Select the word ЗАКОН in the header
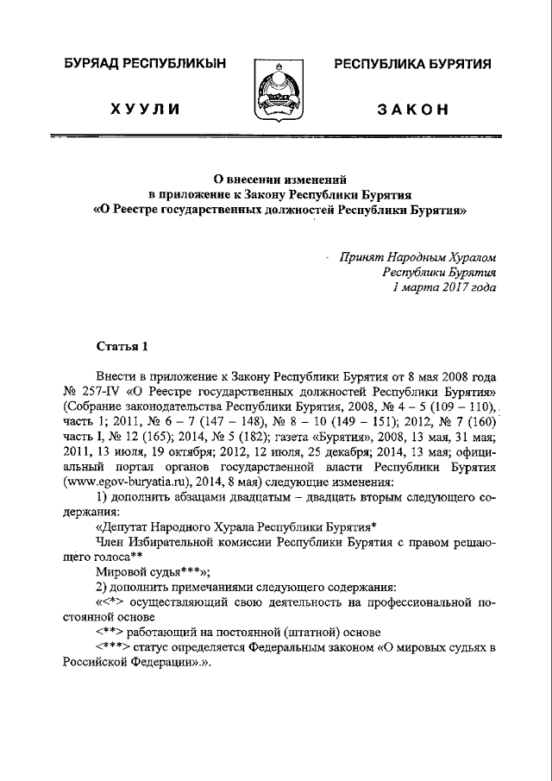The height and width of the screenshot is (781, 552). pyautogui.click(x=412, y=110)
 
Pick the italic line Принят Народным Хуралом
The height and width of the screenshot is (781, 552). pyautogui.click(x=417, y=256)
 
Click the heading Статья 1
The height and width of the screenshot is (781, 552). pyautogui.click(x=122, y=347)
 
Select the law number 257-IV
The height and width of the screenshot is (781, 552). pyautogui.click(x=102, y=391)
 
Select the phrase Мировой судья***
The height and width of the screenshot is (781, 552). pyautogui.click(x=141, y=573)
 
